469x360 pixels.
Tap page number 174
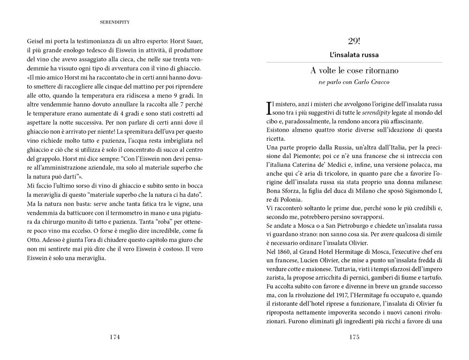[114, 337]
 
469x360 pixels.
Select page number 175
[354, 337]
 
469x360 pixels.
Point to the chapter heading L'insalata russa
[354, 55]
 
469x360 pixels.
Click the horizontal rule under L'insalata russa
[354, 62]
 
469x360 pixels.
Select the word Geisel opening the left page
[37, 41]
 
